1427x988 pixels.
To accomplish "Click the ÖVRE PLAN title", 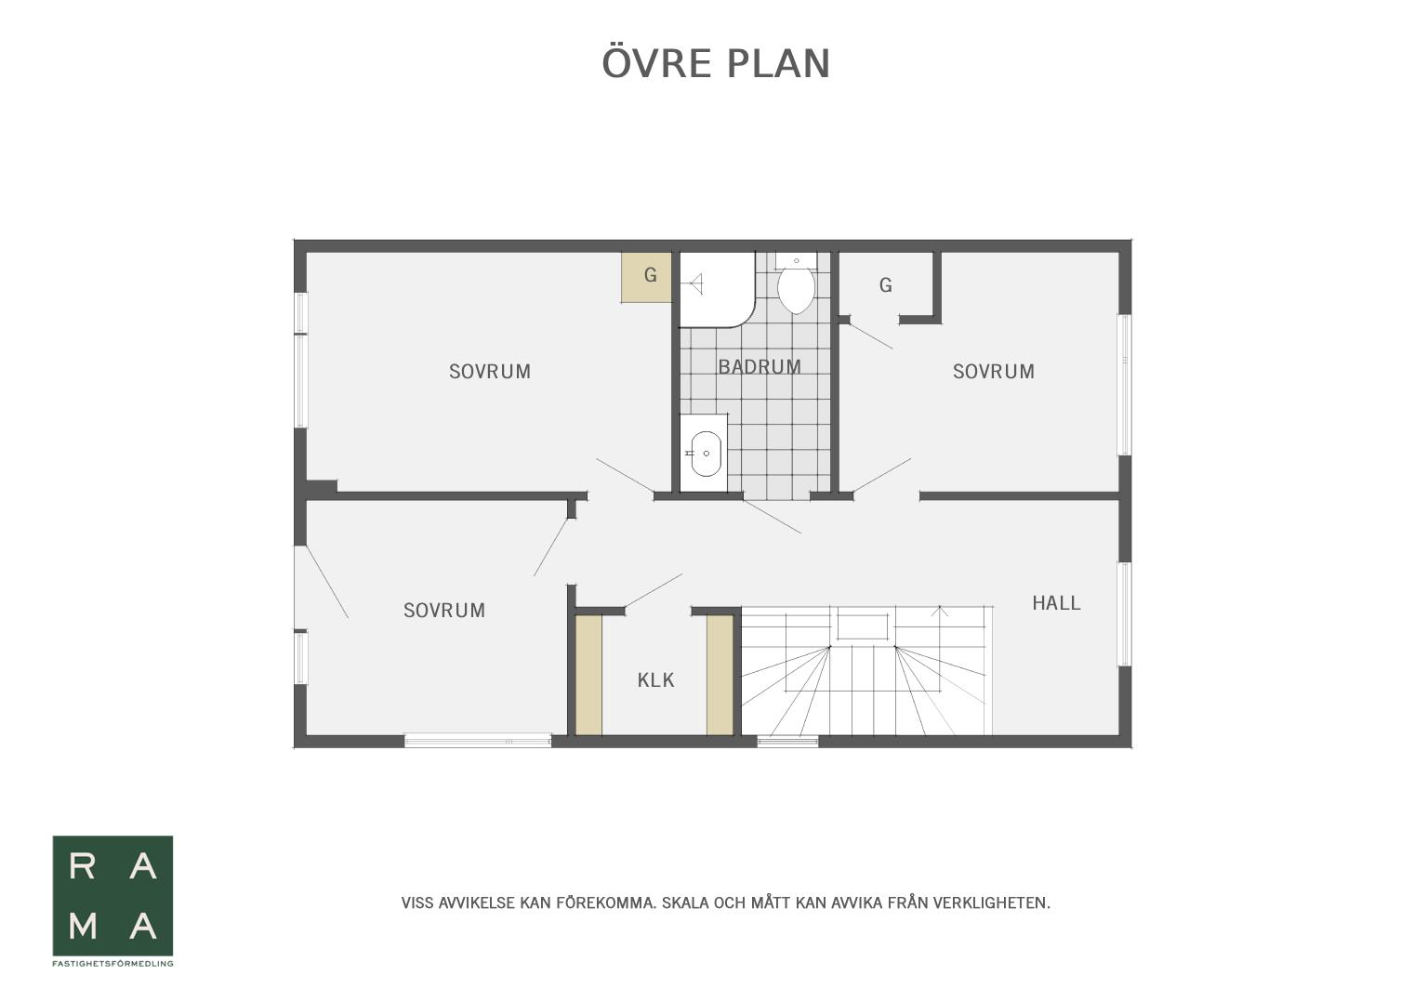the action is click(x=716, y=62).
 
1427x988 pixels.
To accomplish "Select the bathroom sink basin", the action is click(x=706, y=454).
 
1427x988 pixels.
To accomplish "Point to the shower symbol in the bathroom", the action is click(x=695, y=284).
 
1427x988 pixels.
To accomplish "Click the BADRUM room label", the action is click(x=760, y=367).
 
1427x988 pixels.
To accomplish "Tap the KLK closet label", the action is click(x=655, y=680).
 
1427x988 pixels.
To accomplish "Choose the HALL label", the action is click(x=1056, y=603).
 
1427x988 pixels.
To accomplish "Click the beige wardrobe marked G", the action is click(x=647, y=277).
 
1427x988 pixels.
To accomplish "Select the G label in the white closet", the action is click(x=886, y=285).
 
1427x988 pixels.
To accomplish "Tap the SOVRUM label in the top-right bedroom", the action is click(x=993, y=372).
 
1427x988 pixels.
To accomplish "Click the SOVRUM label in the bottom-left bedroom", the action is click(x=444, y=611).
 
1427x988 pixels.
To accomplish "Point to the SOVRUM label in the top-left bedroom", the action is click(x=490, y=372).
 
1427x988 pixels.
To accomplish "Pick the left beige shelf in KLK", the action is click(x=588, y=675).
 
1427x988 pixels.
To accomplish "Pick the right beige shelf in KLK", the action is click(x=720, y=675).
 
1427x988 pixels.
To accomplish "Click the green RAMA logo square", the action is click(x=112, y=896).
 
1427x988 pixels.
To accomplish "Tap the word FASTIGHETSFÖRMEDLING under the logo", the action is click(x=112, y=964).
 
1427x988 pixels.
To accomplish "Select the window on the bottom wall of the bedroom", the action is click(x=478, y=740).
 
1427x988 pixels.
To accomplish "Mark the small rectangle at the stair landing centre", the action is click(x=863, y=626).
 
